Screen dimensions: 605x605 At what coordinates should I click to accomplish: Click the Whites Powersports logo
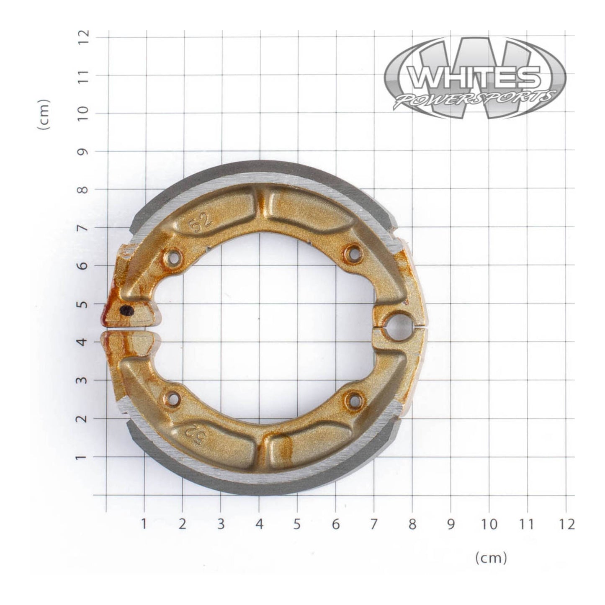[475, 77]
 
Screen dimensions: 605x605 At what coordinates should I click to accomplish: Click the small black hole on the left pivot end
[126, 310]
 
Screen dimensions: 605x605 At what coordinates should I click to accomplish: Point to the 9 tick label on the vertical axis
[84, 152]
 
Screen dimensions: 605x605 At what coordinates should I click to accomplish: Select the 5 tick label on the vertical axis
[84, 304]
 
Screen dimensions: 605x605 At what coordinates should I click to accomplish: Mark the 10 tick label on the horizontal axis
[489, 524]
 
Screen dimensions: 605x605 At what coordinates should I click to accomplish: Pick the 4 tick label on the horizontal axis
[259, 524]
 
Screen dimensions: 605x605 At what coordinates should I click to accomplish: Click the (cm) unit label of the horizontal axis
[491, 558]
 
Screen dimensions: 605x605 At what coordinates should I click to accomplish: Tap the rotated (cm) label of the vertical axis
[44, 114]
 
